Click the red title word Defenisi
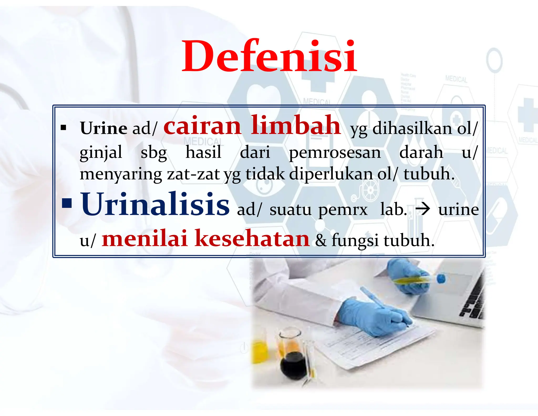click(x=269, y=56)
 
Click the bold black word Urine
click(x=104, y=128)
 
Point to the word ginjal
click(x=101, y=153)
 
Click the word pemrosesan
click(x=335, y=153)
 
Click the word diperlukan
click(x=332, y=174)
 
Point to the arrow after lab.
click(x=423, y=209)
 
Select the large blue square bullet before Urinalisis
click(x=67, y=203)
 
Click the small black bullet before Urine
click(x=63, y=128)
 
